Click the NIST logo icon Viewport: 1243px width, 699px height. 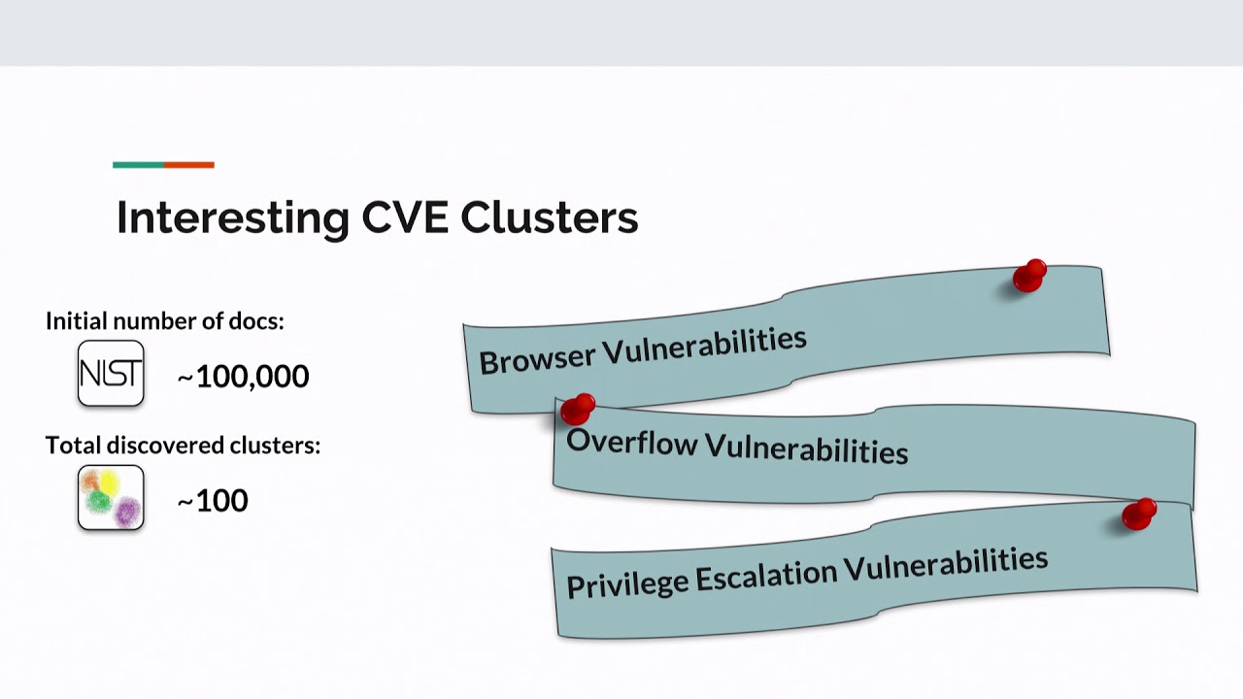pyautogui.click(x=111, y=374)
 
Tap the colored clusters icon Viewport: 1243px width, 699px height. pyautogui.click(x=111, y=498)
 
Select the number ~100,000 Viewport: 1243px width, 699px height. pyautogui.click(x=243, y=377)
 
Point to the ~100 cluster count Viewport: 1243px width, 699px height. pyautogui.click(x=213, y=501)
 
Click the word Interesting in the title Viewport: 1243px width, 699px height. pyautogui.click(x=233, y=218)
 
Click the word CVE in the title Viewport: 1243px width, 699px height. pyautogui.click(x=405, y=216)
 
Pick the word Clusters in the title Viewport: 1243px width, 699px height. pyautogui.click(x=550, y=216)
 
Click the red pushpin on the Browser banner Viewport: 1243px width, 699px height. pyautogui.click(x=1028, y=276)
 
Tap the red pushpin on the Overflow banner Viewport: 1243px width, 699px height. pyautogui.click(x=577, y=409)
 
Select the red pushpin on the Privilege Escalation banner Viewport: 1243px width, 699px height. pyautogui.click(x=1139, y=515)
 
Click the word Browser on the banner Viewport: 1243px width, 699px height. pyautogui.click(x=537, y=359)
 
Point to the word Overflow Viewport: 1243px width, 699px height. pyautogui.click(x=631, y=442)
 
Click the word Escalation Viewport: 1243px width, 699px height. pyautogui.click(x=766, y=574)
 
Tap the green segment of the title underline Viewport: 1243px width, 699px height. pyautogui.click(x=138, y=165)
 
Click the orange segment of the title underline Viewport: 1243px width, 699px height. pyautogui.click(x=189, y=165)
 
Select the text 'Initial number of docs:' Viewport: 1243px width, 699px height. pyautogui.click(x=165, y=321)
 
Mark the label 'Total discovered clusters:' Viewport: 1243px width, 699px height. pyautogui.click(x=184, y=445)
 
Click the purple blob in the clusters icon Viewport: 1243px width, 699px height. pyautogui.click(x=127, y=512)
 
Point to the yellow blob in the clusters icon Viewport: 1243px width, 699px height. pyautogui.click(x=109, y=483)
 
